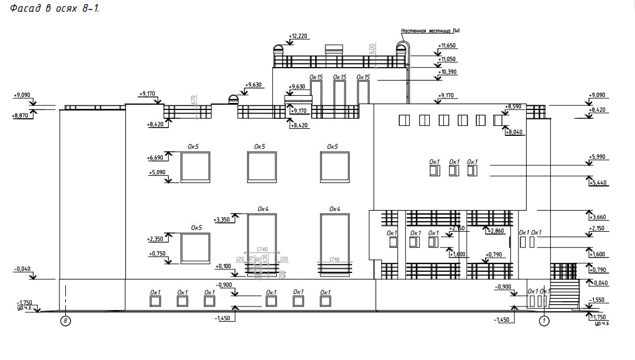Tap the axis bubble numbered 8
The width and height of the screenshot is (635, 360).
(x=66, y=321)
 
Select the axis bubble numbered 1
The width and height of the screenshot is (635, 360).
(x=544, y=321)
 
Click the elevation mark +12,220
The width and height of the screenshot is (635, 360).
(x=299, y=36)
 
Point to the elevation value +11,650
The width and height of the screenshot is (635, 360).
(x=447, y=45)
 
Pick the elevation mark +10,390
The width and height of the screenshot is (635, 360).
(x=447, y=72)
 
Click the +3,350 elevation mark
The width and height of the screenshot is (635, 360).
(x=224, y=219)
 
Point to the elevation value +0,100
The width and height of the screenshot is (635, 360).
(x=223, y=266)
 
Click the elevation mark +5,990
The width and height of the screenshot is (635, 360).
(x=597, y=156)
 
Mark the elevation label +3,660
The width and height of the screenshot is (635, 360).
(x=597, y=216)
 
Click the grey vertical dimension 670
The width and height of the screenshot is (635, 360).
(x=194, y=100)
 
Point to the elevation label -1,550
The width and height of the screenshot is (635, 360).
(x=597, y=299)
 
